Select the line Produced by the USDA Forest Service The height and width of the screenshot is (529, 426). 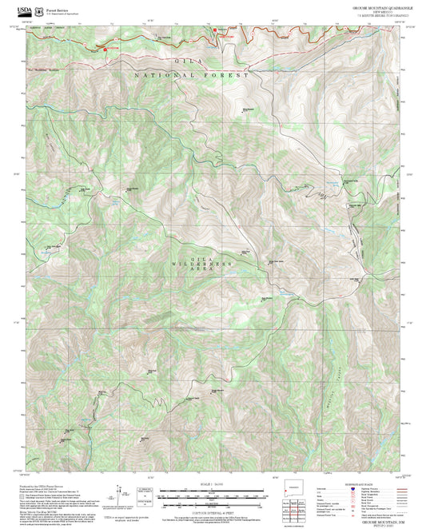click(38, 484)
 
